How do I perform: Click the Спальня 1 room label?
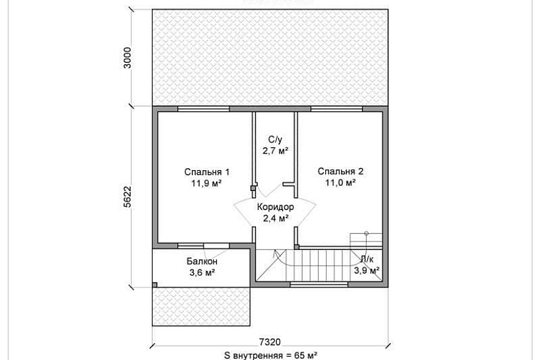[x=207, y=172]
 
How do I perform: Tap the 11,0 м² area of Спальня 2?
[x=340, y=183]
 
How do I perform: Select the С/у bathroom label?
[x=275, y=139]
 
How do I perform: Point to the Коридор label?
[x=276, y=207]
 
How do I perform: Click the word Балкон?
[x=202, y=261]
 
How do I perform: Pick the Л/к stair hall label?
[x=367, y=259]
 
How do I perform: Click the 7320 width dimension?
[x=270, y=342]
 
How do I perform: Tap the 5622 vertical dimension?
[x=128, y=197]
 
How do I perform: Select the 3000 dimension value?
[x=128, y=58]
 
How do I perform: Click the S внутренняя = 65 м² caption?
[x=271, y=355]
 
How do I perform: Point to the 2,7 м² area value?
[x=275, y=151]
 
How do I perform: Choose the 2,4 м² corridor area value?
[x=276, y=218]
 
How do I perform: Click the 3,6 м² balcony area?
[x=202, y=272]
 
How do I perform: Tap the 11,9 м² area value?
[x=207, y=183]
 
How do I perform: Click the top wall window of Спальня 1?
[x=204, y=109]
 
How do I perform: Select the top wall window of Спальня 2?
[x=336, y=109]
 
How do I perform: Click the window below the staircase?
[x=319, y=285]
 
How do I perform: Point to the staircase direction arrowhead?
[x=275, y=255]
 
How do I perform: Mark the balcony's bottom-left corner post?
[x=155, y=285]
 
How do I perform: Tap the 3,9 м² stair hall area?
[x=367, y=270]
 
